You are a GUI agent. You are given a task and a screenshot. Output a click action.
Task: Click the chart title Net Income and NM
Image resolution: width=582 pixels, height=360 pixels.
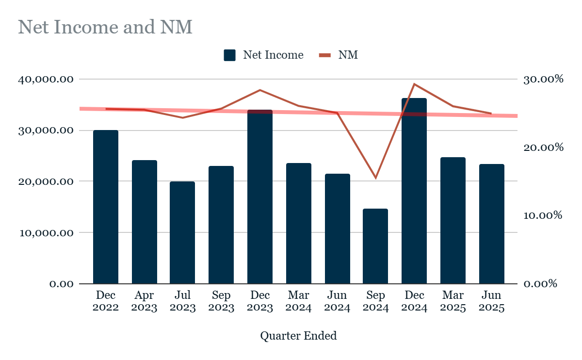click(x=105, y=27)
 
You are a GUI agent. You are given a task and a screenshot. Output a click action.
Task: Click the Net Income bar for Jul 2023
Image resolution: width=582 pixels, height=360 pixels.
click(x=182, y=232)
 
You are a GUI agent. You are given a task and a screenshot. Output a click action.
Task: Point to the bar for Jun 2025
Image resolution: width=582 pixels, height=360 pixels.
click(x=492, y=224)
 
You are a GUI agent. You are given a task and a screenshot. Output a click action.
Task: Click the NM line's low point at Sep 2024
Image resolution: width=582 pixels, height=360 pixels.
click(x=375, y=178)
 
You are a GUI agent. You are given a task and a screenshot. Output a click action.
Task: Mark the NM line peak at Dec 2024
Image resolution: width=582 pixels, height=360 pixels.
click(x=414, y=84)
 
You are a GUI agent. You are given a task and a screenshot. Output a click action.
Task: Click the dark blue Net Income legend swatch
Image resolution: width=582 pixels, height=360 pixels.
click(x=229, y=55)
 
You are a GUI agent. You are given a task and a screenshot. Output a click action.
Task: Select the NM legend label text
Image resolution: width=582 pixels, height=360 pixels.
click(x=348, y=55)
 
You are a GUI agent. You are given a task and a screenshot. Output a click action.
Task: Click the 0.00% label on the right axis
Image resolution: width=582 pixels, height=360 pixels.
click(x=541, y=284)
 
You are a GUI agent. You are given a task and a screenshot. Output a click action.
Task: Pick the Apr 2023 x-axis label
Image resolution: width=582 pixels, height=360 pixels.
click(x=144, y=301)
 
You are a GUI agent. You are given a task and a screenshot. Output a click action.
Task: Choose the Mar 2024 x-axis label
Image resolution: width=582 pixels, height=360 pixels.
click(x=299, y=301)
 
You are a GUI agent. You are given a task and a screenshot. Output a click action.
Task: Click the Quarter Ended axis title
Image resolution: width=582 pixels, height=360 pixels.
click(x=298, y=336)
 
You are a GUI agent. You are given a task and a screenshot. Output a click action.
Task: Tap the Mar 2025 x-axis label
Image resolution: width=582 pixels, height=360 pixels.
click(x=453, y=301)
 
